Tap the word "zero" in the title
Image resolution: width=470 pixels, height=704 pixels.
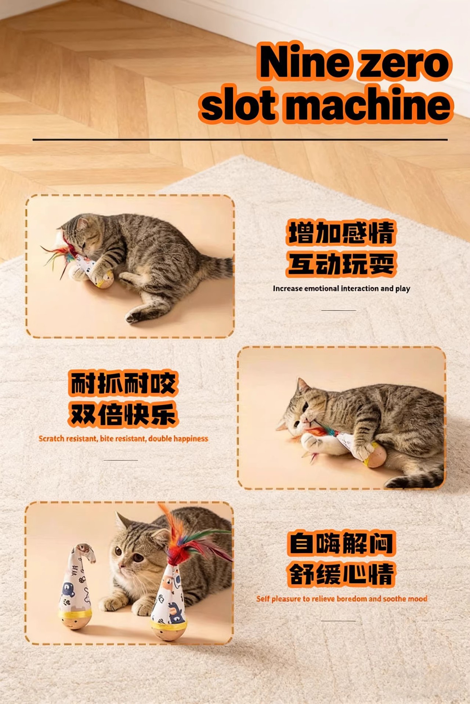pos(402,64)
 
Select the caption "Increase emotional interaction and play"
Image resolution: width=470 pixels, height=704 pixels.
pos(341,289)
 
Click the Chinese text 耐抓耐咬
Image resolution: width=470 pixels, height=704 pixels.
pos(123,384)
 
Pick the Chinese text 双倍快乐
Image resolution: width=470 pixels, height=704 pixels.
pos(123,414)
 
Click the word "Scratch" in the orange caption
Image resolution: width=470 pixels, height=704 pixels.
pos(51,439)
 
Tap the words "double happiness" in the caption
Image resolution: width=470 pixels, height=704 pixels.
pos(178,439)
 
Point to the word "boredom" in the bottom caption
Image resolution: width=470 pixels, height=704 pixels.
pos(352,599)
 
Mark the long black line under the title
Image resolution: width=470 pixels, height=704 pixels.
pos(240,139)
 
